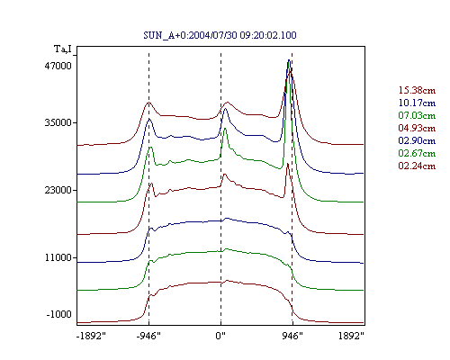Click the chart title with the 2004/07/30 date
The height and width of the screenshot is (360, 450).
click(220, 35)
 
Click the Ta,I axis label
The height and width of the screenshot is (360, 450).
click(63, 49)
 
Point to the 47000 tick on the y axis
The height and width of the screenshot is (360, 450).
click(58, 66)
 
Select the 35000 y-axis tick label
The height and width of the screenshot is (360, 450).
click(58, 122)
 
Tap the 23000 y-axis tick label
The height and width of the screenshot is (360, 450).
click(58, 190)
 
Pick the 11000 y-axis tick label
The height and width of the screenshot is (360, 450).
click(58, 257)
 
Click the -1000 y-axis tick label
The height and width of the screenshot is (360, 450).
click(58, 314)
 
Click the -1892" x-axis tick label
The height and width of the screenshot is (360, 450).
click(92, 336)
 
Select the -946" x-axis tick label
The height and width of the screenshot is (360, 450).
click(148, 336)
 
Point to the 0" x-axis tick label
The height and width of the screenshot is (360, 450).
click(220, 336)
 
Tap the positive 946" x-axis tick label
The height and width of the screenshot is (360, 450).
click(292, 336)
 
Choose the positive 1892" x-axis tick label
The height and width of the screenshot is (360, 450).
click(351, 336)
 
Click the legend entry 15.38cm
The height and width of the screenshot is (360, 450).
click(417, 90)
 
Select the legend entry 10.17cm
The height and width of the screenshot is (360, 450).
click(417, 103)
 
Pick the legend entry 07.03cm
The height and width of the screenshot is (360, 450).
click(417, 115)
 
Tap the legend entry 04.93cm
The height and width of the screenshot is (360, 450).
click(417, 128)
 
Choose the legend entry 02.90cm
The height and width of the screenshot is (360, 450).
click(417, 140)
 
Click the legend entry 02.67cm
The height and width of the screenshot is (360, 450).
click(417, 153)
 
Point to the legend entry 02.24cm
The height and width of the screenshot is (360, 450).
click(417, 166)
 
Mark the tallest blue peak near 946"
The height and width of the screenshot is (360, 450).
click(289, 60)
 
